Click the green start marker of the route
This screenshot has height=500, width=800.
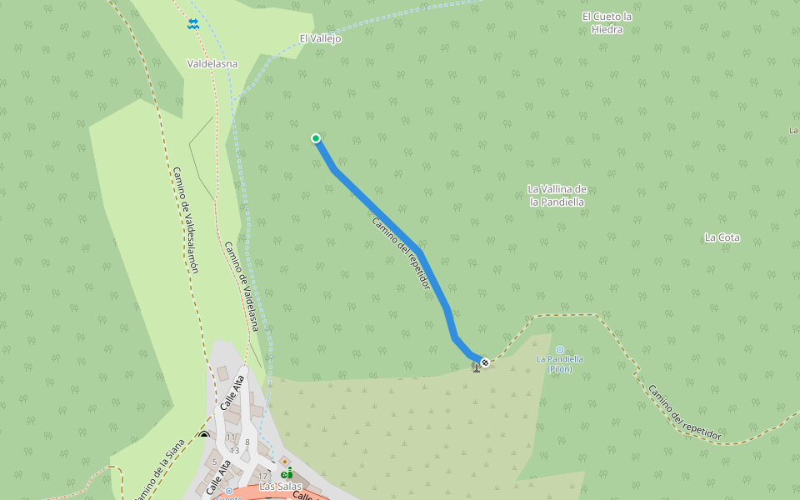point(316,138)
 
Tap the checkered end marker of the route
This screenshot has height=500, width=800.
point(484,362)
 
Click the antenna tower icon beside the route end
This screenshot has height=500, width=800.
point(476,365)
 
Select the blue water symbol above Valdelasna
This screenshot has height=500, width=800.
point(193,25)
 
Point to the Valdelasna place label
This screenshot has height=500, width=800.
point(212,63)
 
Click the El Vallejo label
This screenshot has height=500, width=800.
point(321,38)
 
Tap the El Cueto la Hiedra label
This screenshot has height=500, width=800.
point(607,22)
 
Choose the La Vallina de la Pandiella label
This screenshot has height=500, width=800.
point(557,195)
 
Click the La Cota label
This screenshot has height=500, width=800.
point(722,237)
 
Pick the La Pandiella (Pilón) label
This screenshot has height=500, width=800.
point(559,363)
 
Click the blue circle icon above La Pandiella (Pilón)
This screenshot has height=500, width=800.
point(559,349)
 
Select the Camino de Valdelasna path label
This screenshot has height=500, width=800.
point(242,286)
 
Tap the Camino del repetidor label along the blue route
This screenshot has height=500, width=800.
point(402,253)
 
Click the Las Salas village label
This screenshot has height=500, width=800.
point(279,486)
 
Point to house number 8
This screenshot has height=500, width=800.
point(247,442)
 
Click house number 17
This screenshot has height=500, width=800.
point(262,476)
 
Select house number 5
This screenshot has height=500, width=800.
point(215,462)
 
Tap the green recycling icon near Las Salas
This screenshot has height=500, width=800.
point(286,474)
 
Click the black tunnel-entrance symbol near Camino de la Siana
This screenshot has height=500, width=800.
point(204,434)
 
